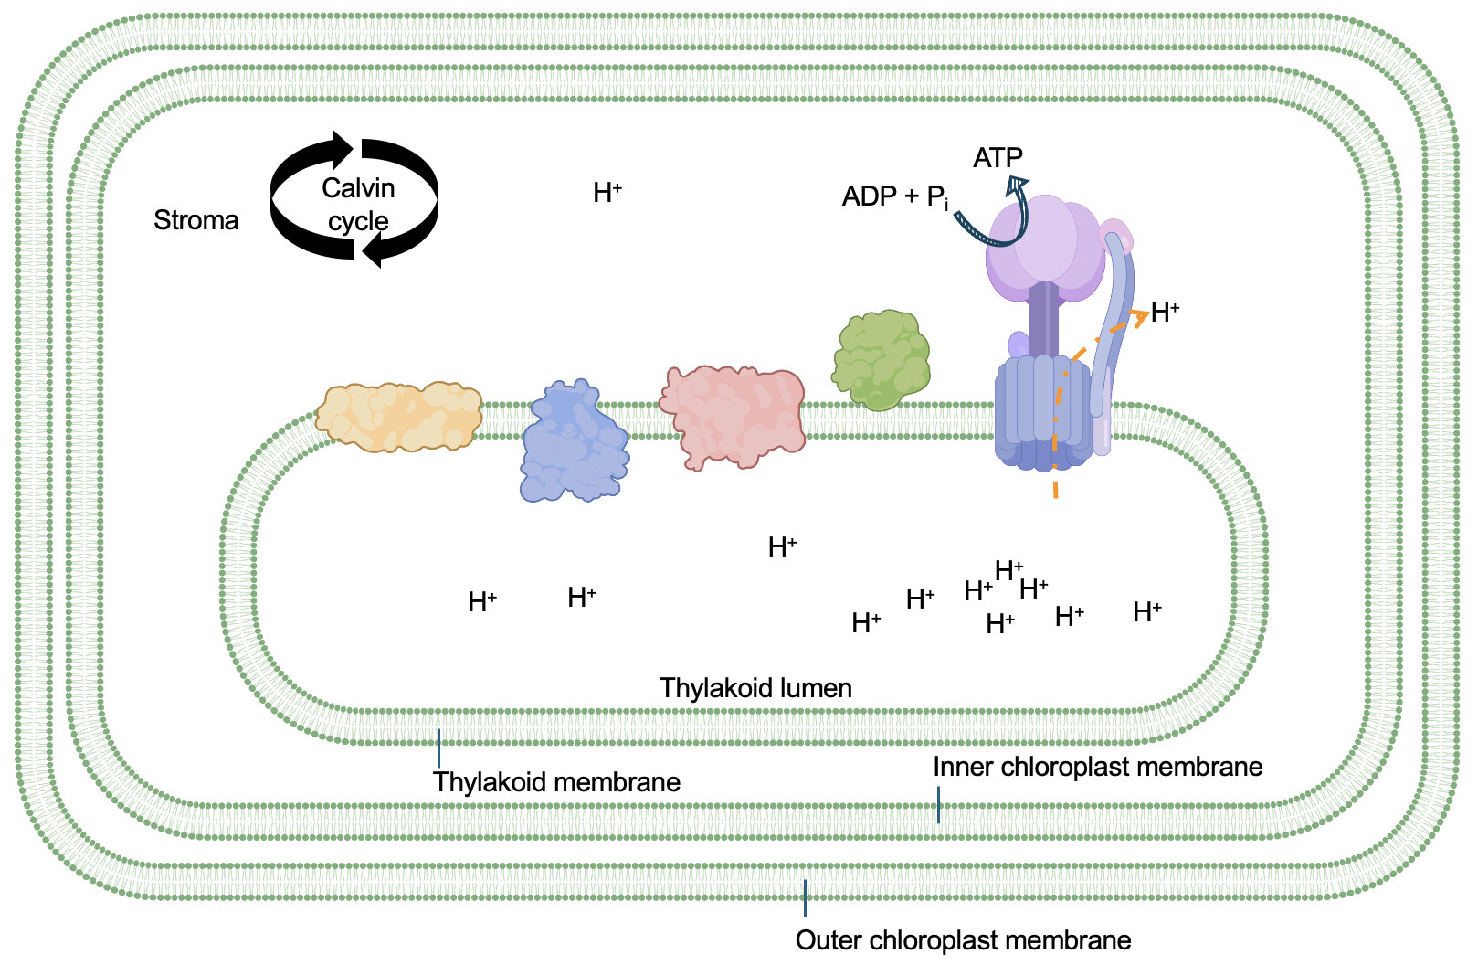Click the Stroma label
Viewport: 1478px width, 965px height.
coord(195,220)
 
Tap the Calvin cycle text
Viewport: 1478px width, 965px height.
coord(358,205)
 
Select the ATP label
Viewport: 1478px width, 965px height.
coord(998,158)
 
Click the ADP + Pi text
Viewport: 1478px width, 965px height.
coord(894,196)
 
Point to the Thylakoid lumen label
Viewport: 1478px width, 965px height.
coord(755,688)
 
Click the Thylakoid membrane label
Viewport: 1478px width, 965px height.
coord(556,782)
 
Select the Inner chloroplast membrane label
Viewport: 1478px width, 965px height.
coord(1097,767)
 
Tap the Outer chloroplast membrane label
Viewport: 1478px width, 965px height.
coord(963,940)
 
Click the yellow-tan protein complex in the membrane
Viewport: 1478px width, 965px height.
coord(399,417)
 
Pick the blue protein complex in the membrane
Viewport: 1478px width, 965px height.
coord(574,443)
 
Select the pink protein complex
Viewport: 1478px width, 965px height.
coord(733,416)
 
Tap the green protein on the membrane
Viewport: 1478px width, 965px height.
coord(881,360)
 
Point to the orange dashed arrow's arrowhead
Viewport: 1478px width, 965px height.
coord(1139,316)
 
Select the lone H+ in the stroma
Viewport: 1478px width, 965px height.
coord(607,193)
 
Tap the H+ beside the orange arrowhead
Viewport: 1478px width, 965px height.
coord(1165,313)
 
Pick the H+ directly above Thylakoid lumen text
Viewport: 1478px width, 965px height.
coord(782,547)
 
